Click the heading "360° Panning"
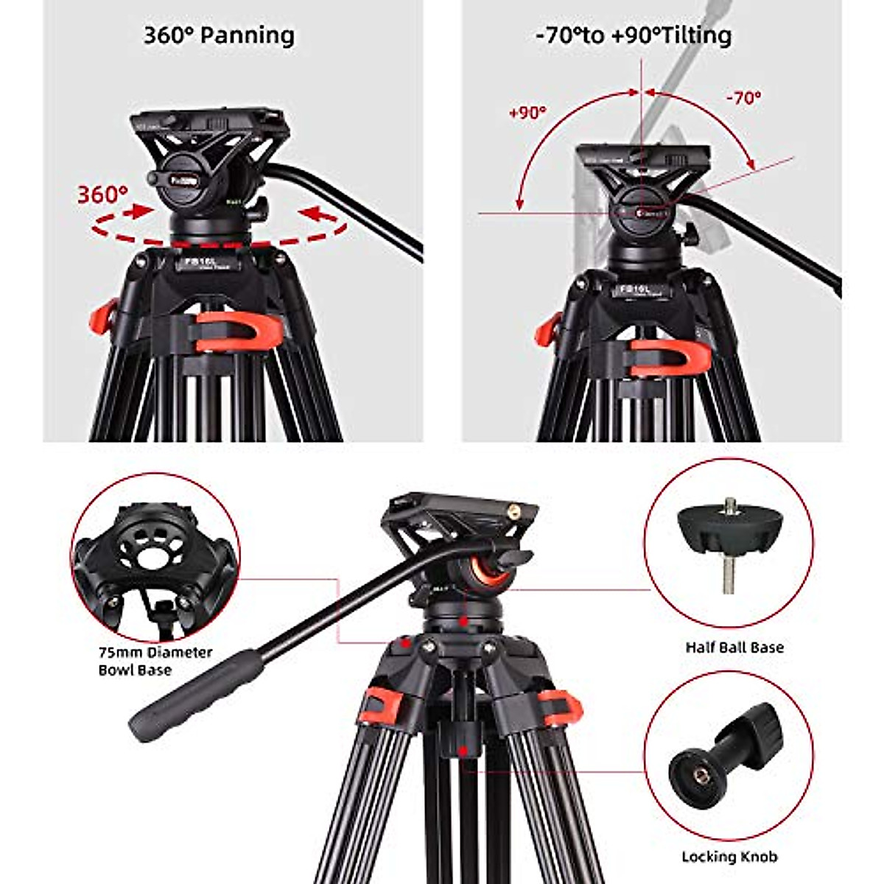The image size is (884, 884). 219,35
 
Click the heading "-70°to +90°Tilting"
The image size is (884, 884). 634,35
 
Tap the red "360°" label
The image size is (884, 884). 102,194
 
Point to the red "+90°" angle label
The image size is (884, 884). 527,113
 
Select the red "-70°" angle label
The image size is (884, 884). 743,97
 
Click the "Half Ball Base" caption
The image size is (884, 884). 734,648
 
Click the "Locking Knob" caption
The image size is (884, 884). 729,857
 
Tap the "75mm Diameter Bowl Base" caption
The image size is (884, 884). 155,661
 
